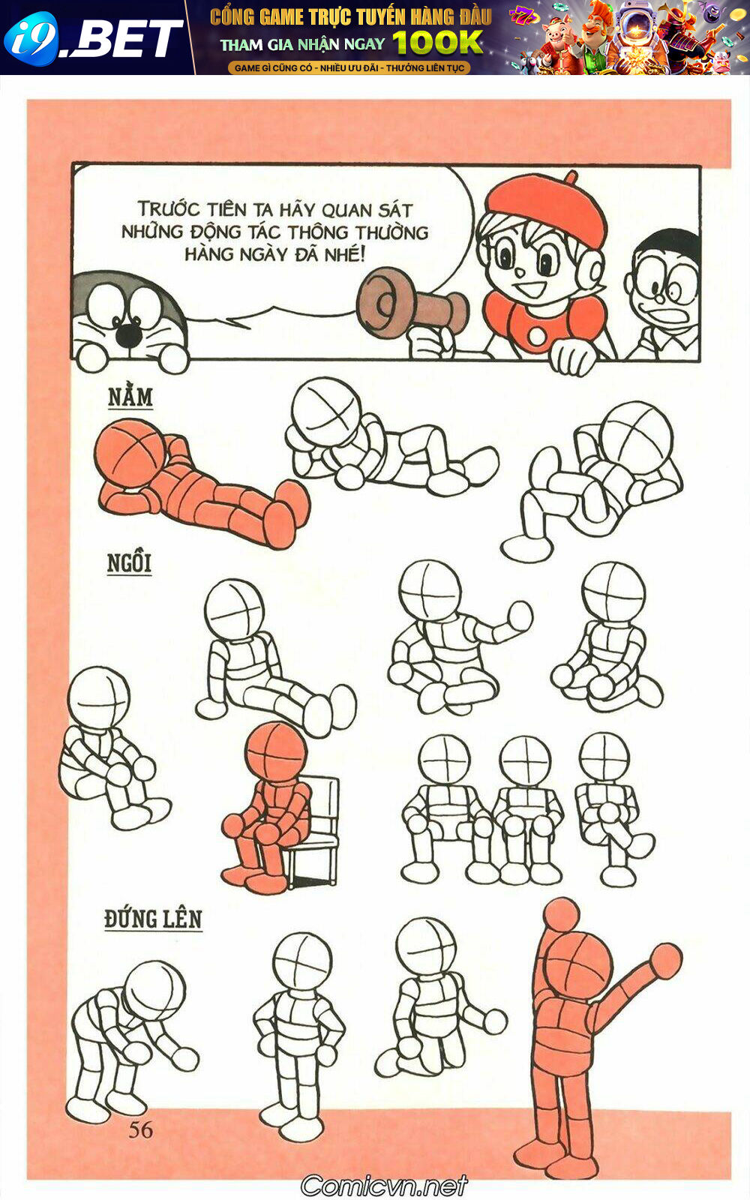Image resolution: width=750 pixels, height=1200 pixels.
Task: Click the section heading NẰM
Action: (130, 397)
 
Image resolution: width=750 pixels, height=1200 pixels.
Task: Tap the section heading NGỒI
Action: (129, 562)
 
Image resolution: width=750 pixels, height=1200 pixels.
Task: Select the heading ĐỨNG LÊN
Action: (153, 919)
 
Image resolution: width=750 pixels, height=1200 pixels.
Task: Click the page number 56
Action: (140, 1129)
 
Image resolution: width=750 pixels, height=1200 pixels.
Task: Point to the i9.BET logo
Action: (94, 37)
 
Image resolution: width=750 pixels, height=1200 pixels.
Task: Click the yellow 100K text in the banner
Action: (438, 43)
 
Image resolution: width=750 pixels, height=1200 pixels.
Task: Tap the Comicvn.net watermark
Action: (384, 1186)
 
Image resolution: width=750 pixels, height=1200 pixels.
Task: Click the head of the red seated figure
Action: (275, 751)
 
